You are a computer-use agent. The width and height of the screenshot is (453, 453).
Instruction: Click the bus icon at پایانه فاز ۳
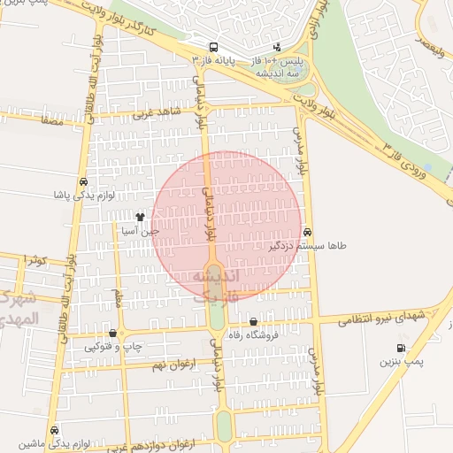coord(212,47)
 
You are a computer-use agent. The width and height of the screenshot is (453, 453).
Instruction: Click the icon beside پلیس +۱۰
coord(278,47)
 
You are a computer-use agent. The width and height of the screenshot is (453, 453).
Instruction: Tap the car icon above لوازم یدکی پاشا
coord(82,180)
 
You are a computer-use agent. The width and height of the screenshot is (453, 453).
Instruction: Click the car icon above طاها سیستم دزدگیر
coord(307,233)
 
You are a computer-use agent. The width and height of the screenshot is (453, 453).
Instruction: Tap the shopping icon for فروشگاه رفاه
coord(254,322)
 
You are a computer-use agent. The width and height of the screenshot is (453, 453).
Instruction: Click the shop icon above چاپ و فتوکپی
coord(112,334)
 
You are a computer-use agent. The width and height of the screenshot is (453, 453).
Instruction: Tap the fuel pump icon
coord(403,348)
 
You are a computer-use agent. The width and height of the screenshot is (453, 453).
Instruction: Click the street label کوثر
coord(36,260)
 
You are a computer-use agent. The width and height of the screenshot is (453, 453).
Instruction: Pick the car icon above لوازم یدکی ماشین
coord(55,429)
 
